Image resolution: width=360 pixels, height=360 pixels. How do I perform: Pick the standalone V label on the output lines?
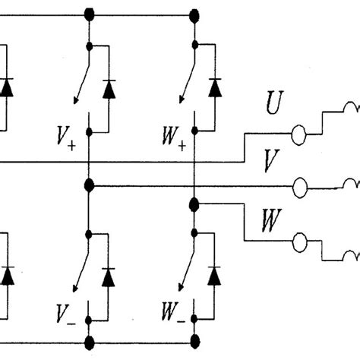pyautogui.click(x=268, y=159)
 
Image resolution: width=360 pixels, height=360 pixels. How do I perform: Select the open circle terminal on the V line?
pyautogui.click(x=299, y=185)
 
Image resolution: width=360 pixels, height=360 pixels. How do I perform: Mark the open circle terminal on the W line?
pyautogui.click(x=299, y=242)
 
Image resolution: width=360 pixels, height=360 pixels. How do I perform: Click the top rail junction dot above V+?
pyautogui.click(x=90, y=13)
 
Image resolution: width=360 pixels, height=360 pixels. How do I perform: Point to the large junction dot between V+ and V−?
pyautogui.click(x=90, y=185)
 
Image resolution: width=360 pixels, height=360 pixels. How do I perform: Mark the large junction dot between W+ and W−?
pyautogui.click(x=194, y=204)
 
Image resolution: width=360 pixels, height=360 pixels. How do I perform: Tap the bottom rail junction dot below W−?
pyautogui.click(x=194, y=339)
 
